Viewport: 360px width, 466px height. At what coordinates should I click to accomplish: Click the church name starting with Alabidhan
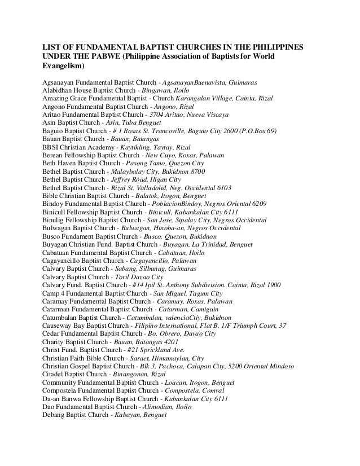[90, 90]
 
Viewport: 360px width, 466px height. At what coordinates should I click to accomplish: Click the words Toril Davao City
[139, 278]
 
